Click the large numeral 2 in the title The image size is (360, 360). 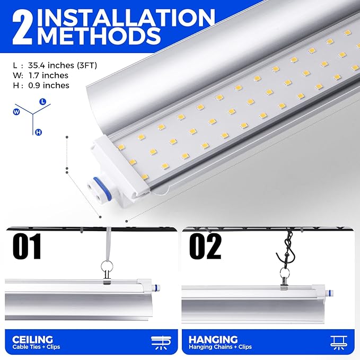tap(22, 28)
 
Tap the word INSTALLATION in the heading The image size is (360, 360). tap(126, 17)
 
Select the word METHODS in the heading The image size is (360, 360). tap(100, 36)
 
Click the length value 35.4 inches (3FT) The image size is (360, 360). tap(63, 65)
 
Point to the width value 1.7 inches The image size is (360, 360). tap(48, 75)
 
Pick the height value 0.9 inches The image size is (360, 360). tap(49, 85)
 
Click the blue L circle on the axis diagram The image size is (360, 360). tap(43, 101)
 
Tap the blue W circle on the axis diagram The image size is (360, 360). tap(16, 112)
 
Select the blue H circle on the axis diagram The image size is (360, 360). tap(39, 132)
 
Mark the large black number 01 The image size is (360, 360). tap(27, 247)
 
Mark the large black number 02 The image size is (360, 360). tap(205, 247)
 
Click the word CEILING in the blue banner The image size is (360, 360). tap(32, 339)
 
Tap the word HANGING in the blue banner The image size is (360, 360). tap(213, 339)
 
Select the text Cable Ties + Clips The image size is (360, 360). tap(36, 347)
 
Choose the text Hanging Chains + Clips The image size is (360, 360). tap(220, 347)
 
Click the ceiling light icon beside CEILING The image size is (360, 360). tap(161, 343)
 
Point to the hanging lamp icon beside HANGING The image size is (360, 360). tap(339, 343)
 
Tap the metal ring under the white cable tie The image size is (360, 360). tap(107, 267)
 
